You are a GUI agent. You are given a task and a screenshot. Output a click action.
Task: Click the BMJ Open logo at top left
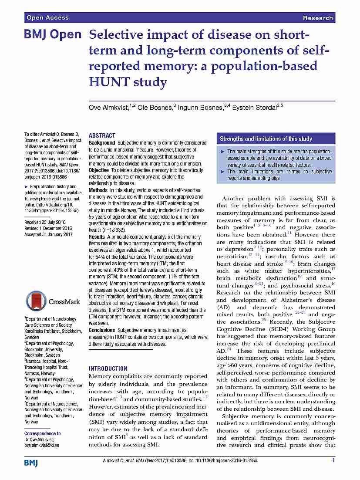click(x=53, y=35)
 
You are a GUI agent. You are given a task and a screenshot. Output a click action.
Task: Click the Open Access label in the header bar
click(x=47, y=18)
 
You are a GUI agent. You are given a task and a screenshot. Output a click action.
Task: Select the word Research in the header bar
click(x=318, y=18)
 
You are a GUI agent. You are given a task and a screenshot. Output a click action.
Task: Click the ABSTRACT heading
click(x=102, y=135)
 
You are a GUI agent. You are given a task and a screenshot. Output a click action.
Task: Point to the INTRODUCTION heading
click(x=108, y=368)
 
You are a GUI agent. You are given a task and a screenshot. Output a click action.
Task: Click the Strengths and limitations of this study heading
click(x=266, y=139)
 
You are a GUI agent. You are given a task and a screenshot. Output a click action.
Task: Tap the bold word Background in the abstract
click(x=102, y=143)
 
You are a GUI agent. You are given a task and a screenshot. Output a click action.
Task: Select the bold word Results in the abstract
click(x=97, y=237)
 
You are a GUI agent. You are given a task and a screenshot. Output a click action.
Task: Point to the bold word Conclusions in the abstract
click(x=102, y=330)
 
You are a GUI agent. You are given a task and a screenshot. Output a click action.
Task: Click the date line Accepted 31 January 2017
click(x=48, y=234)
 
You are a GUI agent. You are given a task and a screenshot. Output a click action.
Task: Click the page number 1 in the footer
click(x=333, y=460)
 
